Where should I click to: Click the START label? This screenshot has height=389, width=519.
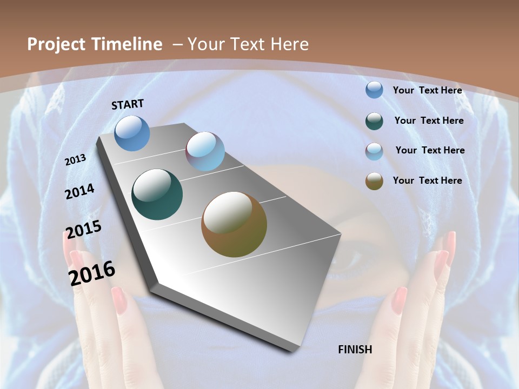pos(128,104)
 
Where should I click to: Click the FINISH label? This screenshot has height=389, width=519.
pos(355,350)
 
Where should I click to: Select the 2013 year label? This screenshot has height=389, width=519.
pos(75,160)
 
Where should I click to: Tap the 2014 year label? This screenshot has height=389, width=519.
pos(79,191)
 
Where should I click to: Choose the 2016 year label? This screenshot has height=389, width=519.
pos(91,273)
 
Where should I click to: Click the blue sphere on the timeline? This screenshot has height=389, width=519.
pos(132,133)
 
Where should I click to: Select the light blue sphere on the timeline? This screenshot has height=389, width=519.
pos(205,151)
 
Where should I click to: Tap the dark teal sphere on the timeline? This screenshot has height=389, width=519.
pos(157,194)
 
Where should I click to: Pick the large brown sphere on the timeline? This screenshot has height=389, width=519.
pos(234,224)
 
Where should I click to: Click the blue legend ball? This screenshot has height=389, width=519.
pos(374,90)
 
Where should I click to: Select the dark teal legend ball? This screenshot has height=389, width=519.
pos(374,121)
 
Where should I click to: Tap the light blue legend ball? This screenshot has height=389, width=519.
pos(374,151)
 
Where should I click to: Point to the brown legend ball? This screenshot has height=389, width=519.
pos(374,181)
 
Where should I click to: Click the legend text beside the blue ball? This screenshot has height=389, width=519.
pos(427,90)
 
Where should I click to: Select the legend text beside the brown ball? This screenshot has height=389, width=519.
pos(427,180)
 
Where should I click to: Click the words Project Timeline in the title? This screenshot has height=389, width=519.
pos(95,44)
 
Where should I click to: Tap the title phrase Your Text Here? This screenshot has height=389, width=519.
pos(248,44)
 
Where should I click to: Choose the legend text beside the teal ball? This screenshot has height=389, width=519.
pos(429,120)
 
